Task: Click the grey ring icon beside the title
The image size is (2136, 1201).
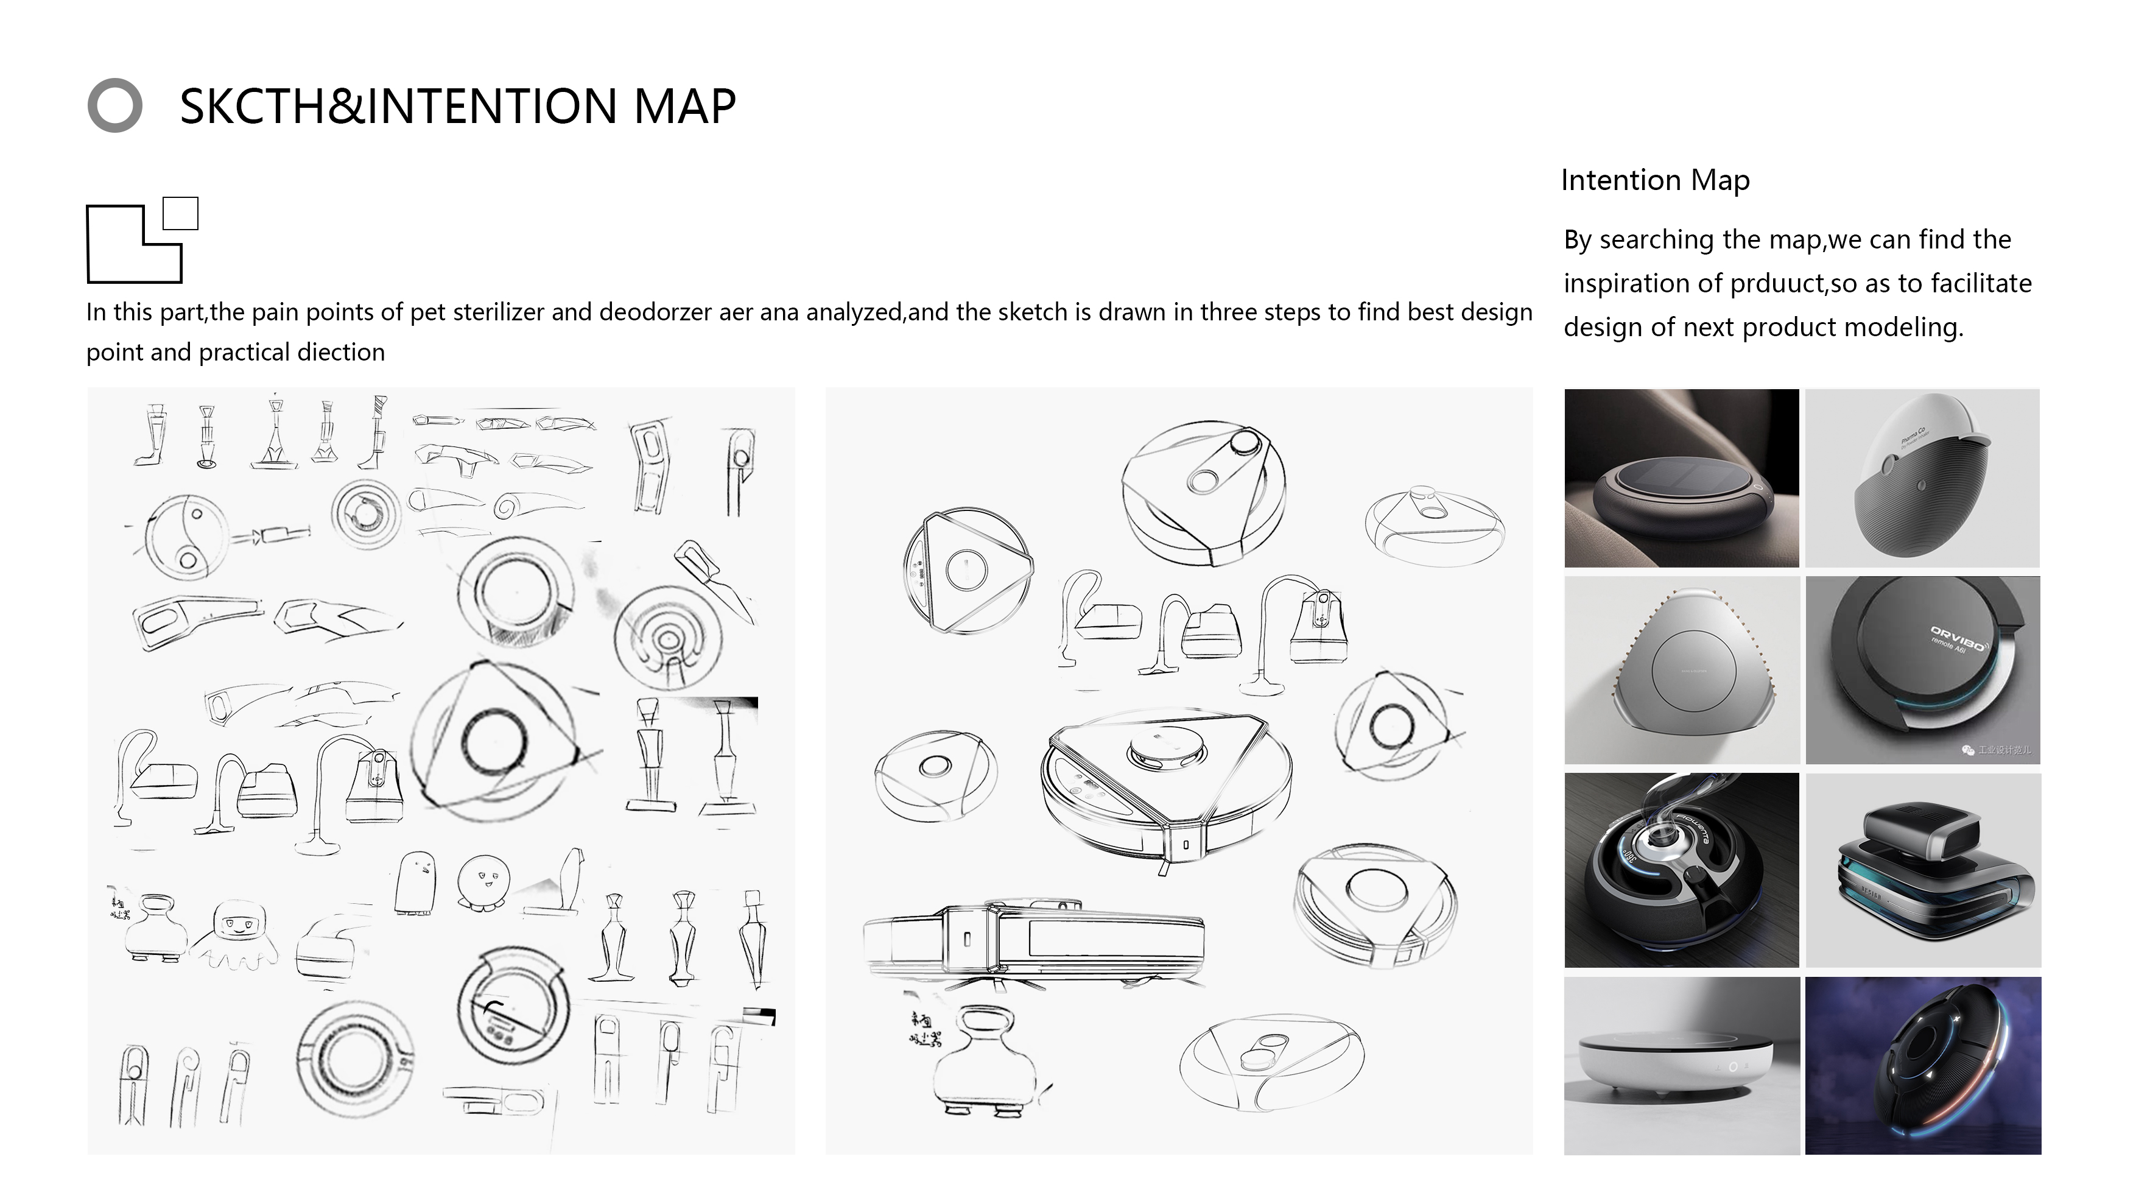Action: [x=114, y=105]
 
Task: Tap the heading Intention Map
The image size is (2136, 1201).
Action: [x=1654, y=180]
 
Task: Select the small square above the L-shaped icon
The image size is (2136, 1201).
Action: [x=180, y=213]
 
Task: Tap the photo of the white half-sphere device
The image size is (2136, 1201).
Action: [x=1922, y=479]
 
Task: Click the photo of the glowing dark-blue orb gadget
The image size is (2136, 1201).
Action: [x=1922, y=1066]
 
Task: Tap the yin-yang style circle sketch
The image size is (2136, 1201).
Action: [x=186, y=537]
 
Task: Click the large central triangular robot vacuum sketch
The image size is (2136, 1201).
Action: [x=1165, y=780]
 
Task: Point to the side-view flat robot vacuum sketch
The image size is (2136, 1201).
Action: [x=1032, y=942]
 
